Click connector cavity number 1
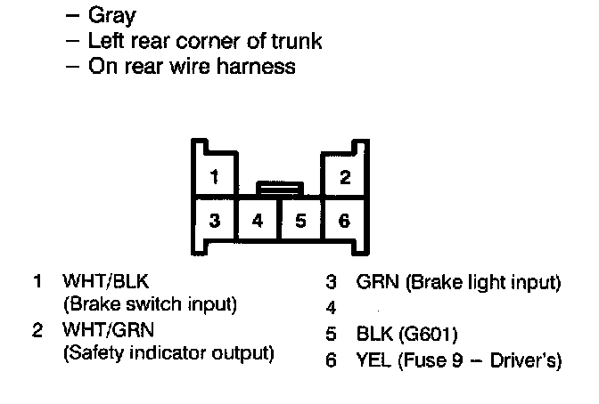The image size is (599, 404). (x=214, y=176)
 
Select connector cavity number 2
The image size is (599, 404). (x=345, y=176)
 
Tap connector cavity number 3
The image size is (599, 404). (x=214, y=220)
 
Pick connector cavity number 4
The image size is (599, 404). (x=258, y=220)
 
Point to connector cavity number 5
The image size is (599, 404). (x=300, y=220)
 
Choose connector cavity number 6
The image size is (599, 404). (x=345, y=220)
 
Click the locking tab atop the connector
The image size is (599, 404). (x=279, y=187)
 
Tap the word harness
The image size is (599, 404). (x=258, y=67)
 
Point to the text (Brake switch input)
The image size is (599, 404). (x=150, y=304)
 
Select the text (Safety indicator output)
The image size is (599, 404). (x=168, y=353)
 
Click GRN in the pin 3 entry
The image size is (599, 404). (x=376, y=283)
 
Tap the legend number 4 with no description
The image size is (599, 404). (x=331, y=309)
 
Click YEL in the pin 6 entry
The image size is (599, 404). (x=374, y=360)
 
